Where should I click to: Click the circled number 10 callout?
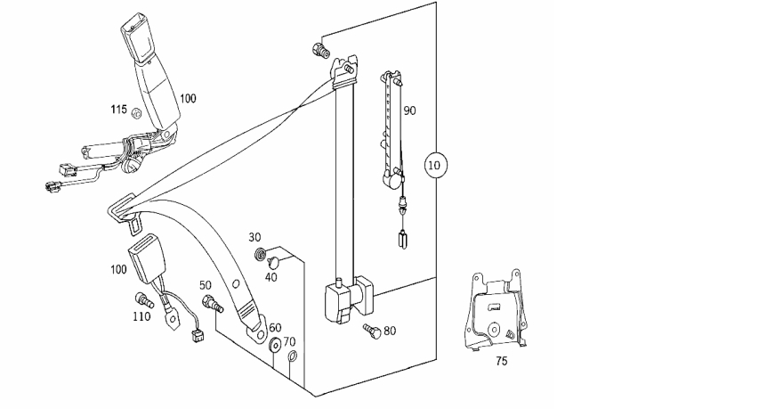click(435, 165)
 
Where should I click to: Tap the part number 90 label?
click(409, 110)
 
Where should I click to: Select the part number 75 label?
click(501, 362)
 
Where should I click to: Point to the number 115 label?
click(118, 109)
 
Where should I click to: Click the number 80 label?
click(390, 331)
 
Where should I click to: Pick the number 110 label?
click(141, 316)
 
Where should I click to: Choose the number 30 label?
click(254, 237)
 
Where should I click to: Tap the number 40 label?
click(270, 277)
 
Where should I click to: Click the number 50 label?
click(206, 285)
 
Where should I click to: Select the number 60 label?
click(275, 328)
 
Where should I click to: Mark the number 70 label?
click(290, 341)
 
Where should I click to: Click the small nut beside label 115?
click(137, 114)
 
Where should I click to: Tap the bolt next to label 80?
click(372, 331)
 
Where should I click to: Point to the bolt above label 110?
click(143, 299)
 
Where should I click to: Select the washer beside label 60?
click(275, 344)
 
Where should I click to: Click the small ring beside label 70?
click(292, 356)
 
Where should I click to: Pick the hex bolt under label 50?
click(212, 303)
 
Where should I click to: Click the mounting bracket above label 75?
click(496, 310)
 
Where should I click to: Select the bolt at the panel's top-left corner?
click(321, 50)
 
